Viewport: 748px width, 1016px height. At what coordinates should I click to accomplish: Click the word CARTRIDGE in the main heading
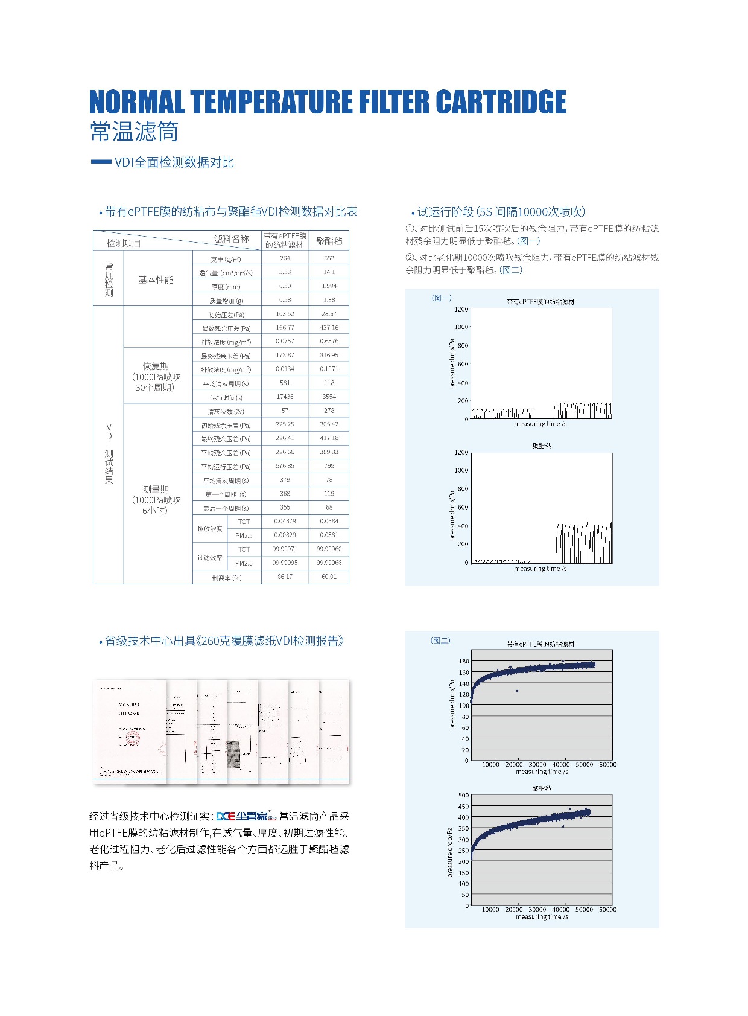501,102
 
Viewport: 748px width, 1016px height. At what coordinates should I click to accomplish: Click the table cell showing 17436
285,397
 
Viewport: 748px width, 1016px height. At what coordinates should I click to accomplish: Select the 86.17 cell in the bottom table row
285,577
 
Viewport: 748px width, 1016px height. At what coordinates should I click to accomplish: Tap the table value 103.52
285,314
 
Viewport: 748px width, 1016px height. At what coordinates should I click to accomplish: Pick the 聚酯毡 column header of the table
329,241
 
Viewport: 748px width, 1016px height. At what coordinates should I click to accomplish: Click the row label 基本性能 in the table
156,280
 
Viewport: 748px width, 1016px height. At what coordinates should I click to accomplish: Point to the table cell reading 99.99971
285,549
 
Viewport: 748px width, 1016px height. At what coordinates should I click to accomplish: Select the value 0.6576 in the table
329,341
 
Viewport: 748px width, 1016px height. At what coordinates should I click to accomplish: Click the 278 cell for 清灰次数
329,411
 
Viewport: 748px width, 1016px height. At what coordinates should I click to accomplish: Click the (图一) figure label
442,298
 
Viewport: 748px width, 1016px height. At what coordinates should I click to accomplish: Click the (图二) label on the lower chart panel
440,641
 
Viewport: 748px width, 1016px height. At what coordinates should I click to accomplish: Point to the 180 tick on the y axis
463,661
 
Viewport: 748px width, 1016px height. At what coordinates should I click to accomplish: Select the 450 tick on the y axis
463,806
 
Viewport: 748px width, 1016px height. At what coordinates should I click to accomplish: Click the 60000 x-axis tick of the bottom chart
607,909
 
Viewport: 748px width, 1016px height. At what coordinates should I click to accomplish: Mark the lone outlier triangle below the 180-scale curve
517,691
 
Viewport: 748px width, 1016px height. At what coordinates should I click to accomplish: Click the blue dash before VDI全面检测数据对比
100,162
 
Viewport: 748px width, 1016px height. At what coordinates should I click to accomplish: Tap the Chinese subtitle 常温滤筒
134,131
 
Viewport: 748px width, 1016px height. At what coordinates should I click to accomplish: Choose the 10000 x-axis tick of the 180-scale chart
490,764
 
